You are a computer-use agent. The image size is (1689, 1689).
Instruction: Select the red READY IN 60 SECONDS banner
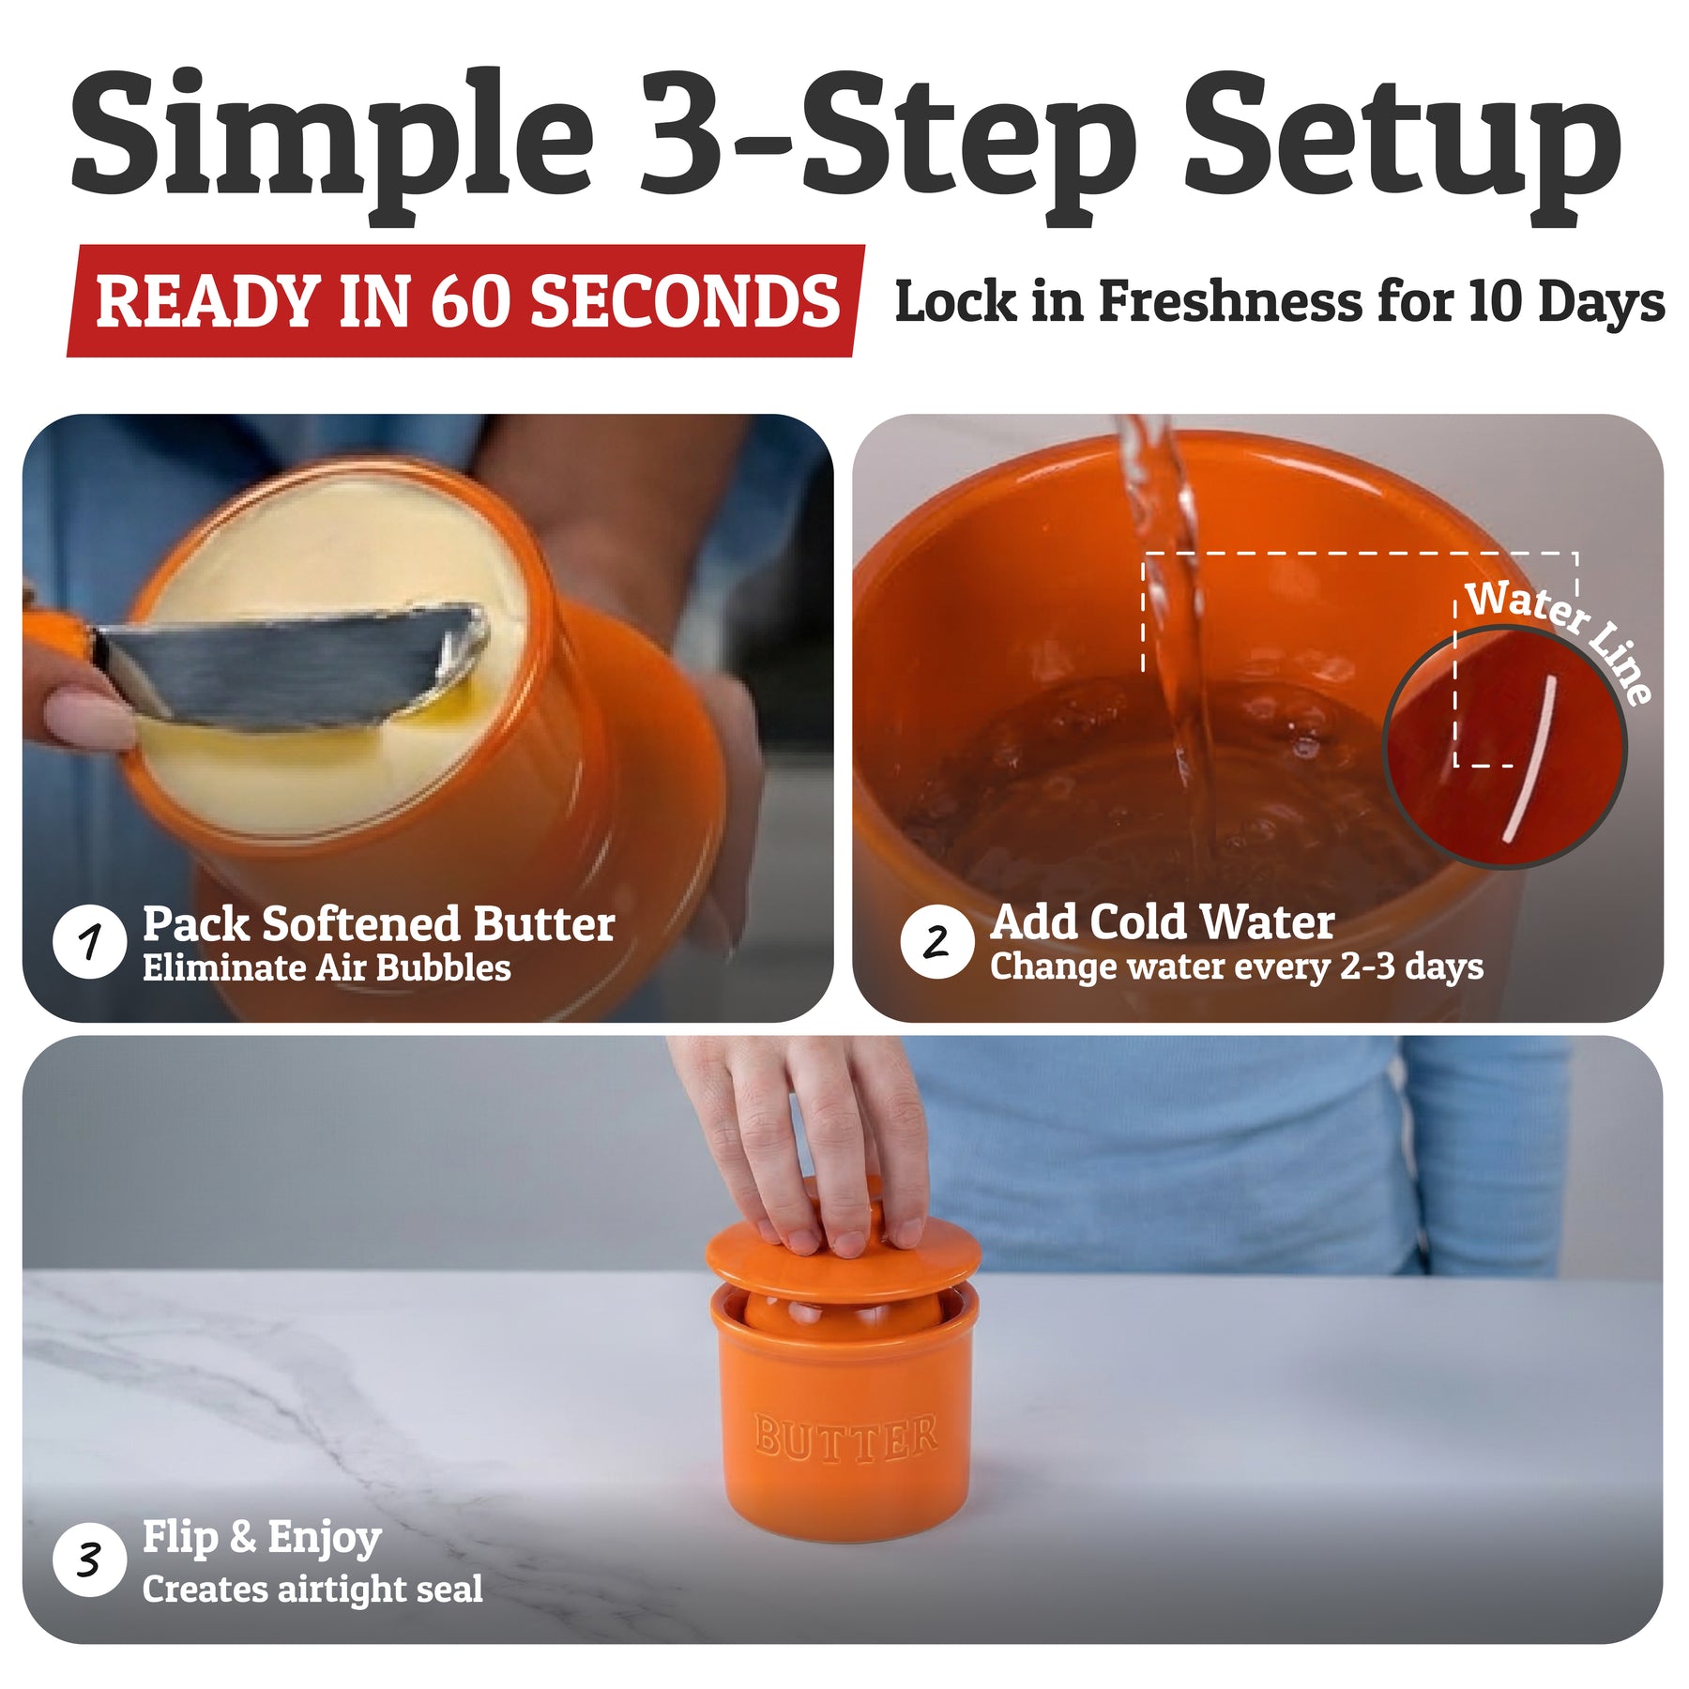tap(465, 301)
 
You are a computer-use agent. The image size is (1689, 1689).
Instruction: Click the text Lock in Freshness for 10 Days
tap(1280, 302)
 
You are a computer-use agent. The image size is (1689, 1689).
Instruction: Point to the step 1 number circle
tap(89, 941)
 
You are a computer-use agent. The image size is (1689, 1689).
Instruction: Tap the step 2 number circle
tap(936, 941)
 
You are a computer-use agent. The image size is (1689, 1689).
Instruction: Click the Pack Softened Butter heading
tap(379, 924)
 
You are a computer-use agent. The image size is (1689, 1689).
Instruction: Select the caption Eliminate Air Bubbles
tap(327, 968)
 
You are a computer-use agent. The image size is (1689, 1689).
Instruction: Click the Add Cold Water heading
tap(1163, 922)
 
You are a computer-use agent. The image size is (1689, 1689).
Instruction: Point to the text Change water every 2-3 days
tap(1237, 966)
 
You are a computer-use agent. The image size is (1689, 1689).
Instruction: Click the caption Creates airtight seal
tap(312, 1589)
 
